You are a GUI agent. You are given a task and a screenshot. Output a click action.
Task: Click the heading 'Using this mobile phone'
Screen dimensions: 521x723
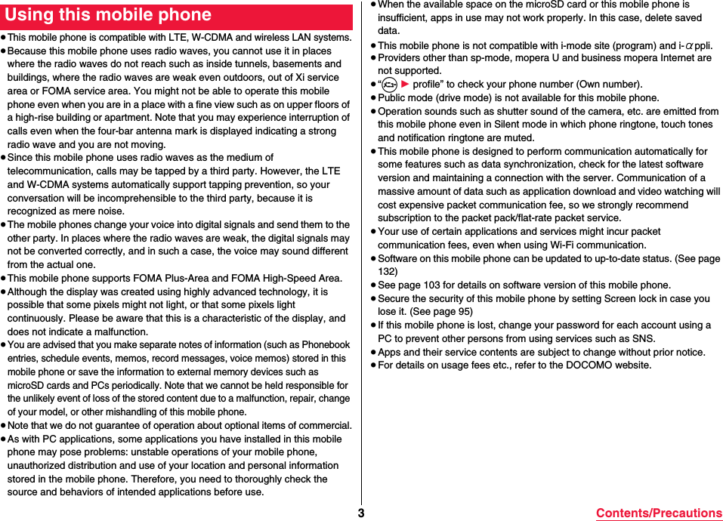(x=109, y=15)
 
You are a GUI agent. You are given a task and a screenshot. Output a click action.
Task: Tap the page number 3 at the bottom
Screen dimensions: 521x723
(x=361, y=513)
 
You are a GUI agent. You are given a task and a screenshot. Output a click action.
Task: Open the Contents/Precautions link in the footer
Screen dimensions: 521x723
(x=659, y=513)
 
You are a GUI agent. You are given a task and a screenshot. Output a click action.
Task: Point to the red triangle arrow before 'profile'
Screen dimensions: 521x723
(x=404, y=85)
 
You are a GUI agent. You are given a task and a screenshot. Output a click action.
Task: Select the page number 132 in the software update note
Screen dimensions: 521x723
(x=388, y=272)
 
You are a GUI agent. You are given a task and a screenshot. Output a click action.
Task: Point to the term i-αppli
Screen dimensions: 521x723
(x=692, y=45)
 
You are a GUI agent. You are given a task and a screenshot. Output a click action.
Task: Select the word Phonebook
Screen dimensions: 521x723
(x=326, y=345)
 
